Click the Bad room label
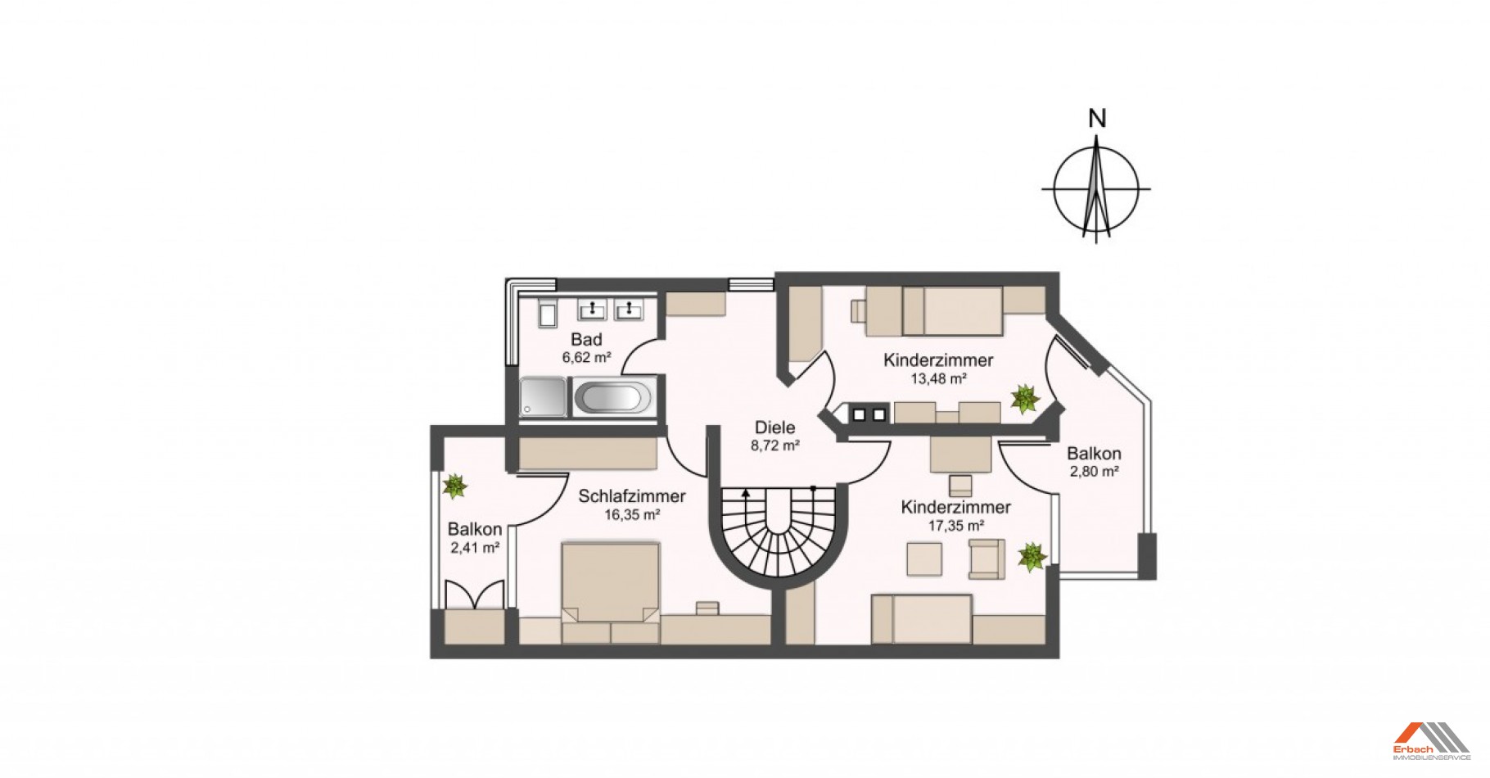tap(586, 340)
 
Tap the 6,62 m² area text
tap(586, 358)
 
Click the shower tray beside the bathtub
tap(542, 397)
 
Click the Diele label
tap(774, 427)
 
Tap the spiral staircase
tap(777, 532)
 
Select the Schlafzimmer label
tap(632, 496)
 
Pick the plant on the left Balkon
tap(454, 486)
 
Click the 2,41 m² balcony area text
tap(475, 548)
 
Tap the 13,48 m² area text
tap(938, 378)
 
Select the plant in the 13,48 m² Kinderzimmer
tap(1024, 400)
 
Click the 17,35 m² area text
tap(955, 526)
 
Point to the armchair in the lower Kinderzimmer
tap(987, 559)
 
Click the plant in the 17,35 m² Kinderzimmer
tap(1032, 557)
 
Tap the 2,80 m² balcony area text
tap(1094, 472)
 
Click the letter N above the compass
tap(1097, 119)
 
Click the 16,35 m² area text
tap(632, 515)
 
